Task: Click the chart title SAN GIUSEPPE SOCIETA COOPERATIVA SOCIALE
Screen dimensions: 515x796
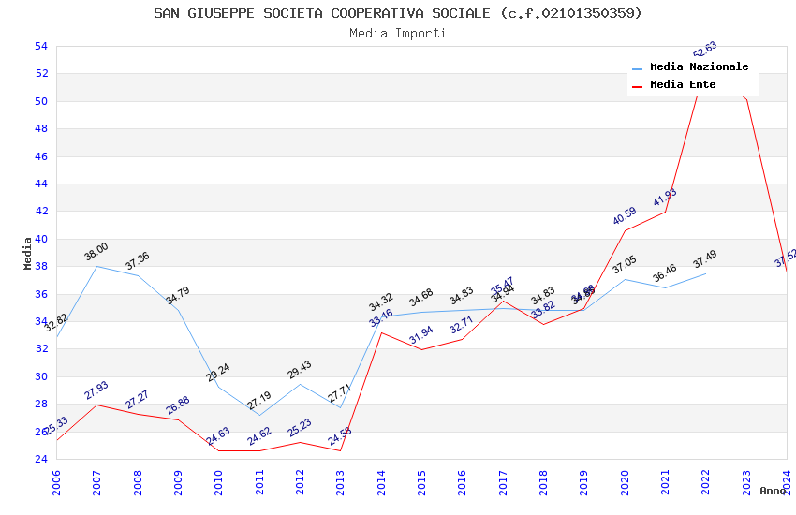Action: (x=398, y=13)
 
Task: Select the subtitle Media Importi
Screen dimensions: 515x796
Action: (x=398, y=33)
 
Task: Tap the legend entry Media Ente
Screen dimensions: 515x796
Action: (x=683, y=85)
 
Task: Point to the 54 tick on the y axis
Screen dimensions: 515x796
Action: (x=40, y=46)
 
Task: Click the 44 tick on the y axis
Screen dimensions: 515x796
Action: (x=40, y=184)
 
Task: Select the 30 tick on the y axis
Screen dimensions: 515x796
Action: (x=40, y=376)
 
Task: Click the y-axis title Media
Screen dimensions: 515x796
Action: (x=28, y=253)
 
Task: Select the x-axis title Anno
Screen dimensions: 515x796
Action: (x=773, y=491)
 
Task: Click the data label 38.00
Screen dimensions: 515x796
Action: (x=96, y=252)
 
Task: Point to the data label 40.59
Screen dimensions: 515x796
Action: (x=625, y=215)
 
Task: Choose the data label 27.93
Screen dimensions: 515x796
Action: (x=96, y=390)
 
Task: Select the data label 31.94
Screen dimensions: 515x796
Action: (x=421, y=334)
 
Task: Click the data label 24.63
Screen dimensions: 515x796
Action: (x=218, y=435)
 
